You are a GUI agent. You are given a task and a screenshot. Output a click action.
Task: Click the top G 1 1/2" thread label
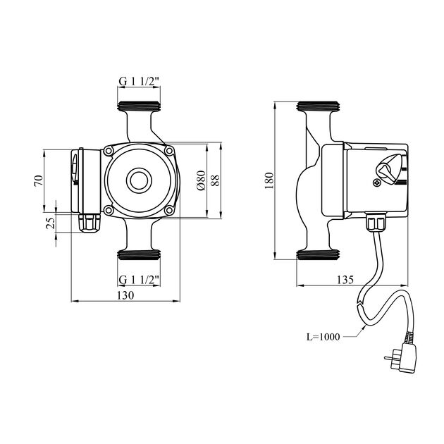click(139, 82)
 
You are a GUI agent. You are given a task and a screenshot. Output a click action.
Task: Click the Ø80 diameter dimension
click(200, 180)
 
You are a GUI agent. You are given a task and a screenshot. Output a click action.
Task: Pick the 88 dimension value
click(216, 180)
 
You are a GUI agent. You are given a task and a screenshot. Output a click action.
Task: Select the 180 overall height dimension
click(268, 180)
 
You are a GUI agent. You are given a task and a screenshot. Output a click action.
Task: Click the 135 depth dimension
click(345, 280)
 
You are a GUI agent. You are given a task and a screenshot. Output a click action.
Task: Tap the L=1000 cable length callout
click(323, 337)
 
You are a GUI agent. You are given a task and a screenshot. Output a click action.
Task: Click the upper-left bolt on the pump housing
click(109, 151)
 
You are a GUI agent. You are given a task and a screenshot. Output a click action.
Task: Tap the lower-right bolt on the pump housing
click(168, 210)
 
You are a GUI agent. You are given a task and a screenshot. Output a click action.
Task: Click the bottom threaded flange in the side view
click(319, 254)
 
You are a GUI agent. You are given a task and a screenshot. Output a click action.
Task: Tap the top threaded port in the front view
click(139, 110)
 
